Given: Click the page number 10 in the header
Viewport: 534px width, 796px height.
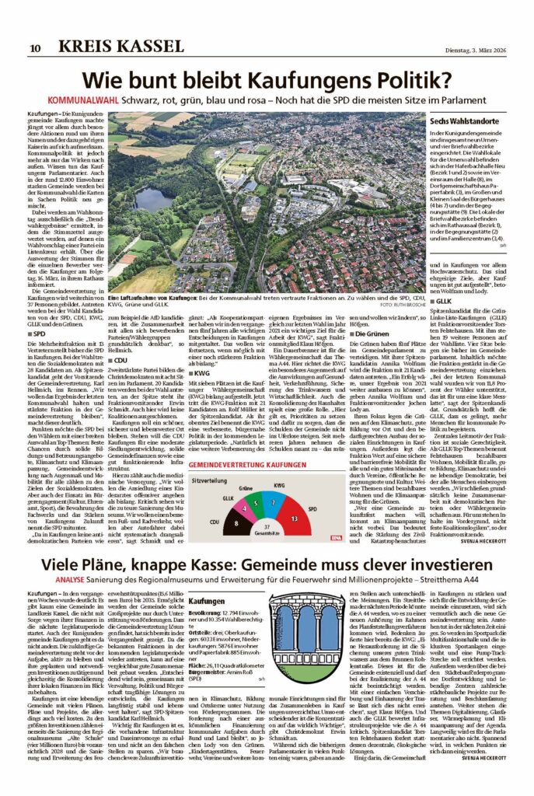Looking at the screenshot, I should pos(36,48).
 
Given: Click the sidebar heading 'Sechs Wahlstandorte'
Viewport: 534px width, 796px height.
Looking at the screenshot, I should pos(460,123).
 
